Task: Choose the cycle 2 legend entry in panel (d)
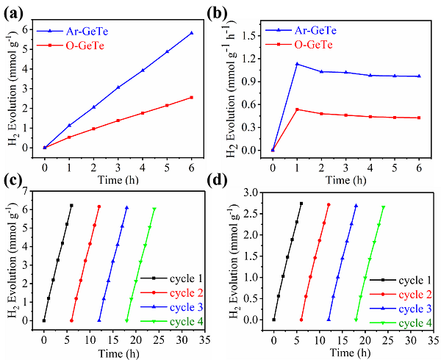(x=400, y=294)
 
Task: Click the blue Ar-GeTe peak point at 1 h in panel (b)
(x=297, y=64)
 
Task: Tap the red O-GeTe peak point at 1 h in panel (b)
(x=297, y=109)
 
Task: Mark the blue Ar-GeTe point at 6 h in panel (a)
(x=191, y=33)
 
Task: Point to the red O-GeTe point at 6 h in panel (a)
(x=191, y=97)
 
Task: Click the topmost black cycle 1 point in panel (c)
(x=71, y=206)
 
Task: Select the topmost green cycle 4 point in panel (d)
(x=383, y=207)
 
